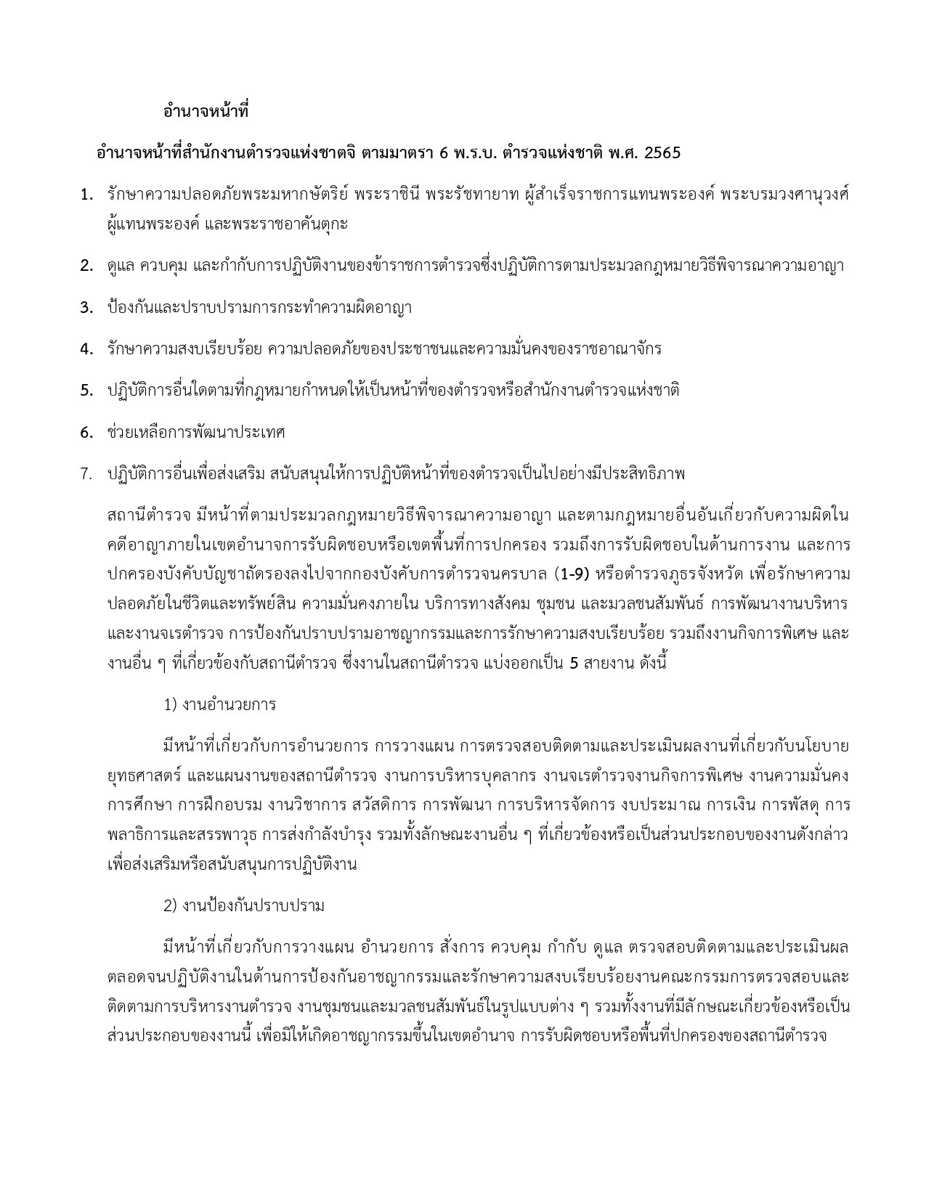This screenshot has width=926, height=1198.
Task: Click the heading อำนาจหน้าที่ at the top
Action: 206,113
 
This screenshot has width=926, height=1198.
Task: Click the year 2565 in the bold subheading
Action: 662,153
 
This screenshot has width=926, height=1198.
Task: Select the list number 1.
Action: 87,195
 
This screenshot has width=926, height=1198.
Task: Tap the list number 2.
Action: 87,266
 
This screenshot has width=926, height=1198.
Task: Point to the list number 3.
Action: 87,308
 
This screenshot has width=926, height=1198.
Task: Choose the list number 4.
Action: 87,349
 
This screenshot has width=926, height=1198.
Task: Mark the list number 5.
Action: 87,391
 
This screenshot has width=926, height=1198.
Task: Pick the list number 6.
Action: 87,433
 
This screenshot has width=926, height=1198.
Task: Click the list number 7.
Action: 87,474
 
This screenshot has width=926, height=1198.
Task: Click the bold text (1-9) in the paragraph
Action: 571,574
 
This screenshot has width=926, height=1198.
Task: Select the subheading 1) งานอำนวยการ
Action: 220,704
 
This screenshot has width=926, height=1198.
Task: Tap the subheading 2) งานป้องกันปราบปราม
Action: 244,905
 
